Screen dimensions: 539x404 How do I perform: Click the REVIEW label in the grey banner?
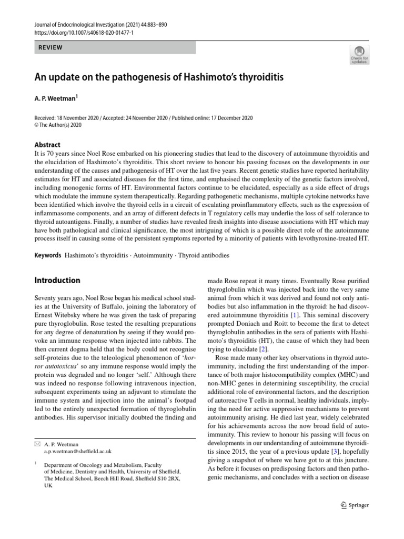[x=51, y=47]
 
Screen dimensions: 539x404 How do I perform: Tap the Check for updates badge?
[x=360, y=55]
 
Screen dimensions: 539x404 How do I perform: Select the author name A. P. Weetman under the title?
[x=56, y=98]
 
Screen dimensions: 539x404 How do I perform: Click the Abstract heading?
[x=47, y=145]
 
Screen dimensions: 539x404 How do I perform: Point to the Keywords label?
[x=48, y=255]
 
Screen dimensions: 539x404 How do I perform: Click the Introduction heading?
[x=57, y=281]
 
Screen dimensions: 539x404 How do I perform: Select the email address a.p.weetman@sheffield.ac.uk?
[x=78, y=452]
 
